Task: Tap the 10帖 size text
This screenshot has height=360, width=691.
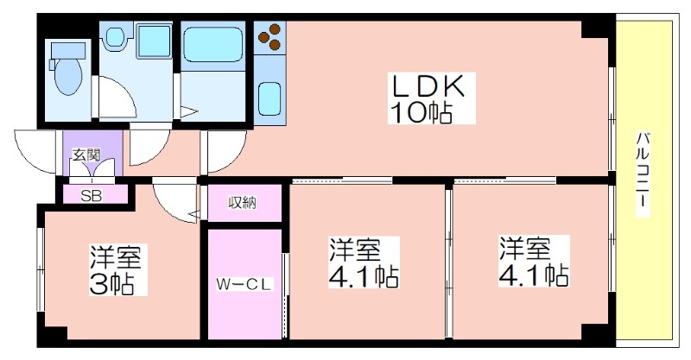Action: click(x=420, y=112)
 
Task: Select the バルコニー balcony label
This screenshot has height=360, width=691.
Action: click(x=643, y=170)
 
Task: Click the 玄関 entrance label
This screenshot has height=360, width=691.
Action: click(x=86, y=155)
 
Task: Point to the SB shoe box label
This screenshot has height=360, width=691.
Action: click(x=92, y=195)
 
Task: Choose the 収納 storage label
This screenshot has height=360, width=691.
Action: click(x=243, y=203)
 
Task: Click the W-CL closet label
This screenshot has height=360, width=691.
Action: click(x=243, y=284)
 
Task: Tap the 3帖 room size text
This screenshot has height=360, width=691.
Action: click(x=111, y=284)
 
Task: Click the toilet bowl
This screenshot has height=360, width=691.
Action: click(x=67, y=76)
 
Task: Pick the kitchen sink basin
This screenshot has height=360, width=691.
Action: click(x=269, y=98)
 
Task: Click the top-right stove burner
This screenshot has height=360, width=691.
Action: click(x=275, y=29)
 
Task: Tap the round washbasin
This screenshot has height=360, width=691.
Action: click(x=116, y=36)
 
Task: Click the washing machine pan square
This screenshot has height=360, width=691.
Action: click(x=154, y=41)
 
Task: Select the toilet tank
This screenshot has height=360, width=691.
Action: click(x=67, y=50)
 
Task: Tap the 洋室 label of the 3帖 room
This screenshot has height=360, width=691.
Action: click(x=115, y=257)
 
